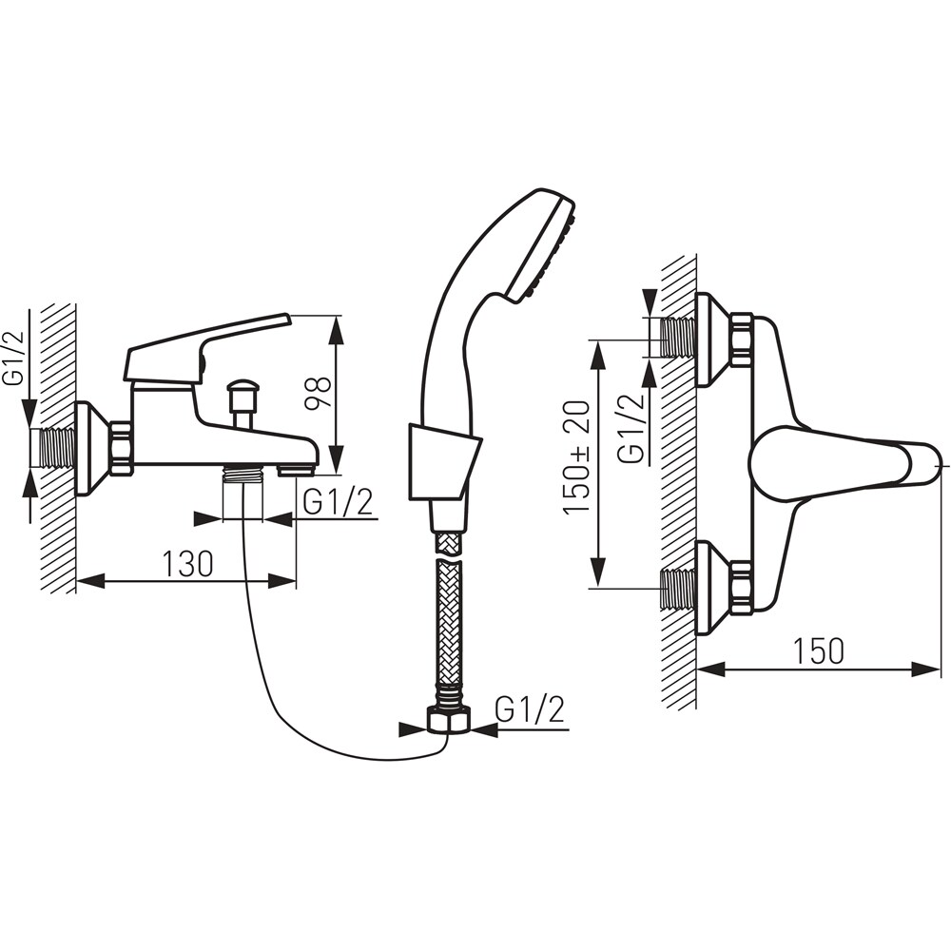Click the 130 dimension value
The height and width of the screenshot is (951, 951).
point(187,563)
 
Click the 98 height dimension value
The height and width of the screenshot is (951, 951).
point(317,393)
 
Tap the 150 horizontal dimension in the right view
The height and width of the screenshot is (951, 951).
point(819,650)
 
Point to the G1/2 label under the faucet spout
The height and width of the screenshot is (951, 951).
point(338,502)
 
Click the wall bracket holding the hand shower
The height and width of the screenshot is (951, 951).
point(443,462)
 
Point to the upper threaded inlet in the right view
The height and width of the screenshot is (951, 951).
point(678,338)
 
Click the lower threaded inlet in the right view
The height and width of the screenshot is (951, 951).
point(678,590)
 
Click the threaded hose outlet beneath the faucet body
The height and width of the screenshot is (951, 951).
point(243,473)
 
